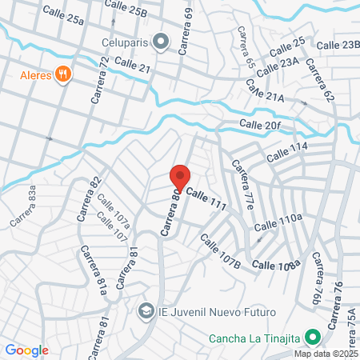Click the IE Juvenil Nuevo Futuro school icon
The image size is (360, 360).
146,310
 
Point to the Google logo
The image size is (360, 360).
26,350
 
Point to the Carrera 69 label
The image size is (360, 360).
186,30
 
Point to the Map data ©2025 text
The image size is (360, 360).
326,353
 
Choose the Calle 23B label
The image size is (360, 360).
339,46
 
